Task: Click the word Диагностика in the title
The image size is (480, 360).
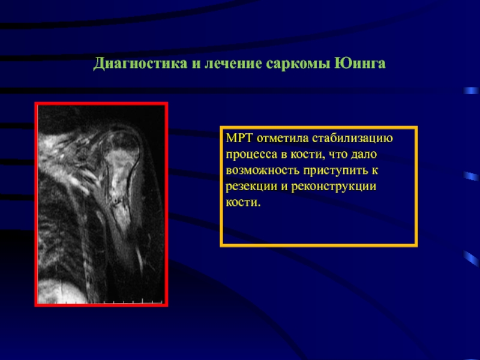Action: (140, 64)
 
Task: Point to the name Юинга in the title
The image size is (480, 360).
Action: (360, 64)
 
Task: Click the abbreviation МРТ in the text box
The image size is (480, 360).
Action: (239, 138)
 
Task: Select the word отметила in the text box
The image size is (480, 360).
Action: (283, 139)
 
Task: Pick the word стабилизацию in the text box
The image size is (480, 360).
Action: (353, 139)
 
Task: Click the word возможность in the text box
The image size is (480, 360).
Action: (263, 170)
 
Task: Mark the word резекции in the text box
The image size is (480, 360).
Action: (251, 187)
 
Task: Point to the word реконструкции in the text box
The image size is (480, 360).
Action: (334, 187)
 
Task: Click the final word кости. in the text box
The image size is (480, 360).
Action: (243, 202)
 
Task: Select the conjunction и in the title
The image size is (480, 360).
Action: (196, 65)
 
